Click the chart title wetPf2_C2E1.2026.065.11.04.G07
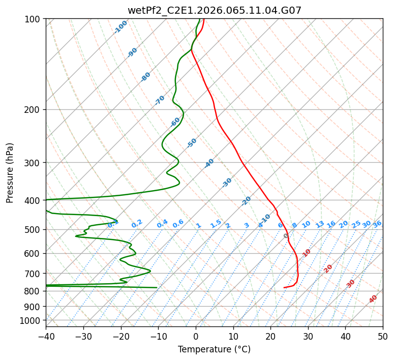click(214, 10)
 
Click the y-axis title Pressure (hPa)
click(10, 173)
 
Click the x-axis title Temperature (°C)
click(214, 350)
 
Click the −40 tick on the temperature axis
click(46, 337)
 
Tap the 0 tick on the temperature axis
click(196, 337)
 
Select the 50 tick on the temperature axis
click(383, 337)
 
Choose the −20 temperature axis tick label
click(120, 337)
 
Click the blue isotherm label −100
click(120, 27)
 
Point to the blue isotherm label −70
click(160, 100)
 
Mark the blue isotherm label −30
click(227, 183)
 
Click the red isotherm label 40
click(373, 299)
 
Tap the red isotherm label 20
click(328, 268)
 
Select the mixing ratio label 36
click(377, 224)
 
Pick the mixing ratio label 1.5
click(216, 223)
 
